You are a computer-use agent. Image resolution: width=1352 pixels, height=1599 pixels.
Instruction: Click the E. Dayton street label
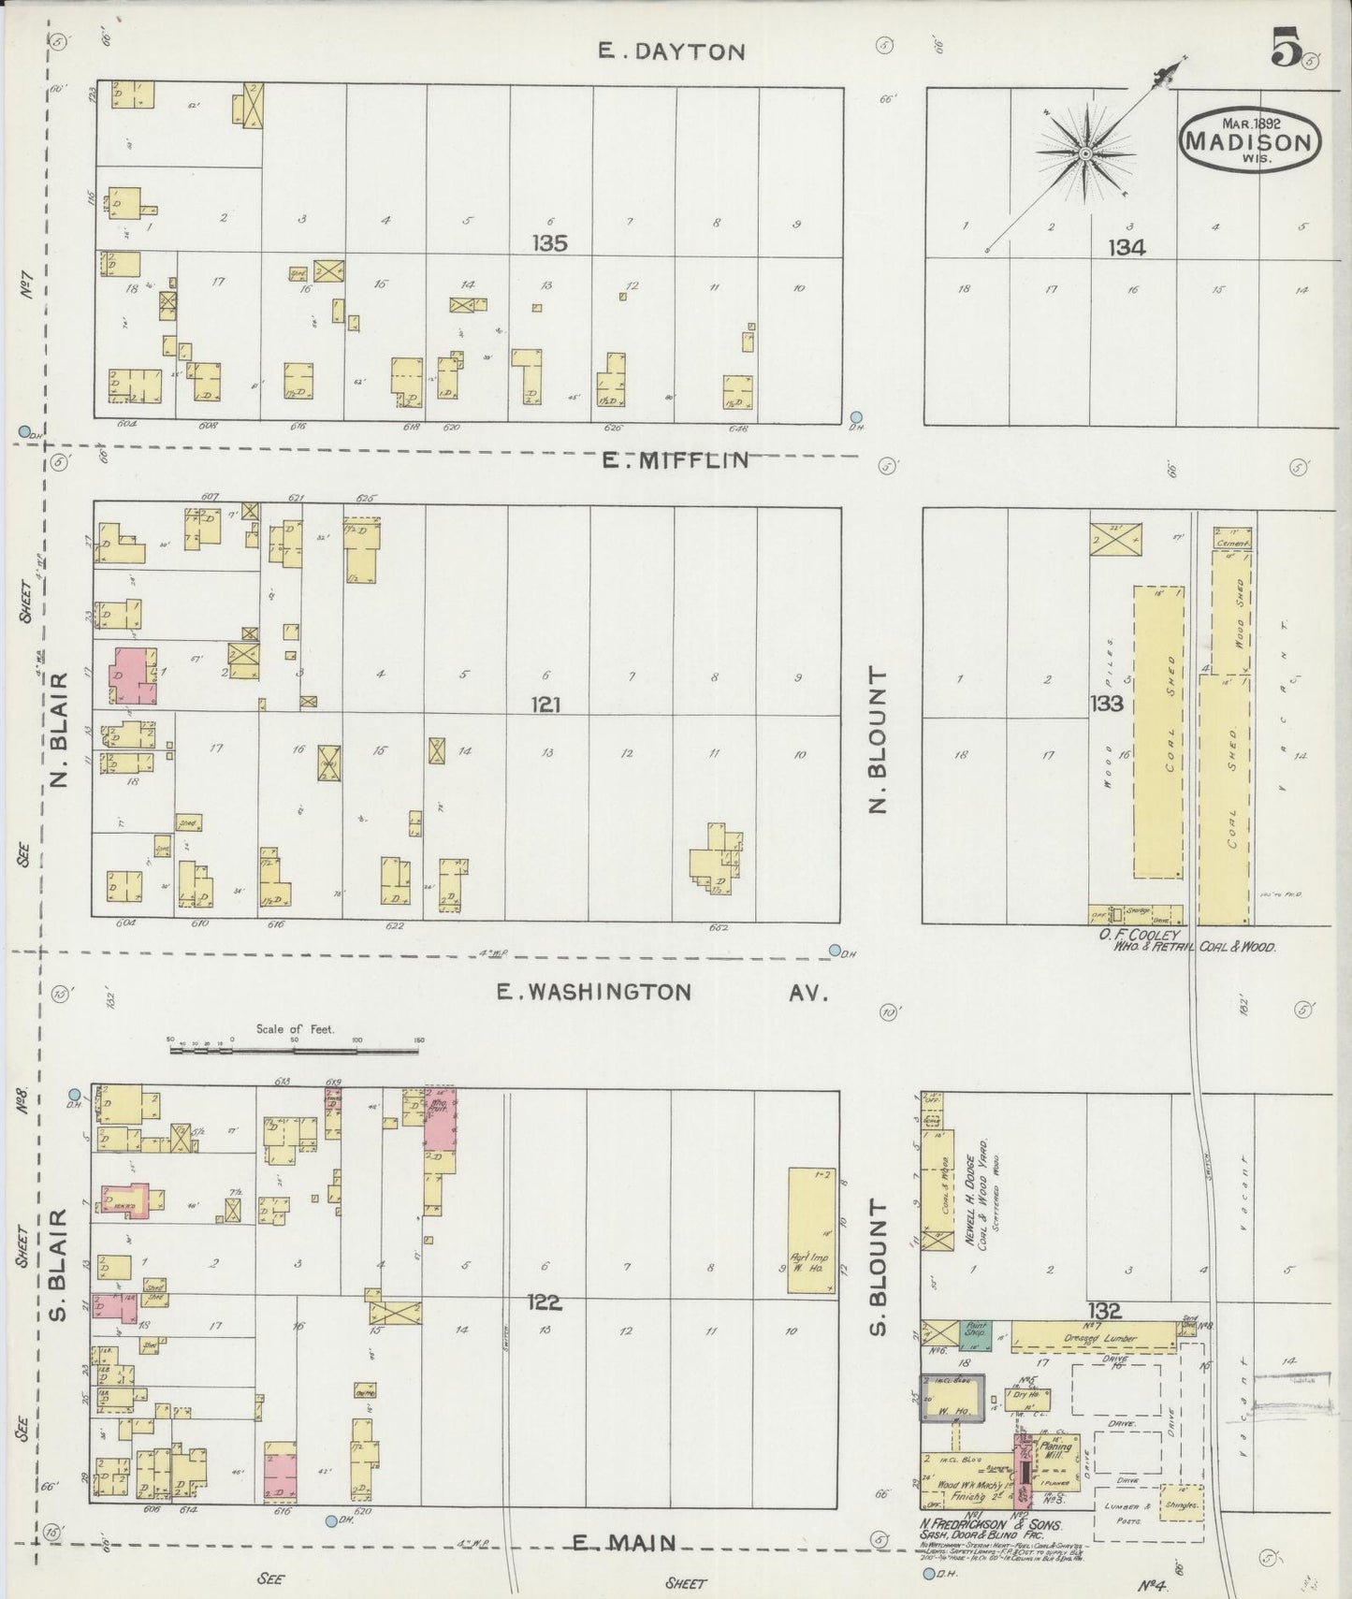(672, 51)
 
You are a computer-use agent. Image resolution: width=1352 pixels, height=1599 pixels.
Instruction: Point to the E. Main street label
(624, 1543)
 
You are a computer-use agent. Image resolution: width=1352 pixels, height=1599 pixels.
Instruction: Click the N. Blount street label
(878, 739)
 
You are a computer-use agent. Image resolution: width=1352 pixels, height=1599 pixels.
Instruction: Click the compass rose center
(1085, 153)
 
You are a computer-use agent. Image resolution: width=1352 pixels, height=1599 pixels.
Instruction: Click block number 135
(549, 243)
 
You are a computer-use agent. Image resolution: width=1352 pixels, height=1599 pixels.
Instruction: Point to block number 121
(545, 705)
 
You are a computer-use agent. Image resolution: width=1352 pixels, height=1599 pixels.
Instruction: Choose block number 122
(544, 1301)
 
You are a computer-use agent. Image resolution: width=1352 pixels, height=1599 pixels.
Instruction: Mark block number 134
(1127, 247)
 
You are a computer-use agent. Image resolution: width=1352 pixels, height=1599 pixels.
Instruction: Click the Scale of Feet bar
(294, 1052)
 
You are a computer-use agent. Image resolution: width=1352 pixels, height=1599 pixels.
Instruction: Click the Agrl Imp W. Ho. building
(811, 1230)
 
